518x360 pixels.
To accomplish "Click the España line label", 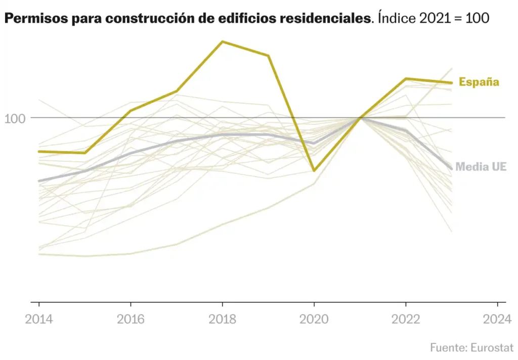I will point(479,82).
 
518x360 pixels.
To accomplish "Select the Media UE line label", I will point(481,166).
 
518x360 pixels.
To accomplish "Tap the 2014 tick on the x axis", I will point(39,303).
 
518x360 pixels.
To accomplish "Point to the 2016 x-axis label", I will point(131,319).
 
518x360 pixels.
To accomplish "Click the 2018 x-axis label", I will point(222,319).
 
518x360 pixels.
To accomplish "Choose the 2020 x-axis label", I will point(314,319).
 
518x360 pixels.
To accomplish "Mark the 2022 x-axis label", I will point(406,319).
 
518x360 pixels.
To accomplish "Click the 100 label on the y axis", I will point(15,119).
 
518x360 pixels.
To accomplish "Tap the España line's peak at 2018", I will point(222,41).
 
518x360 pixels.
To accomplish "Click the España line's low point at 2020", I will point(314,171).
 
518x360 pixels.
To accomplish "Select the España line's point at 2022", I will point(406,78).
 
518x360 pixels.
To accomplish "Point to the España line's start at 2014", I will point(39,151).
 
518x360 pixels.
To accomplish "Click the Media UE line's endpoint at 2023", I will point(451,168).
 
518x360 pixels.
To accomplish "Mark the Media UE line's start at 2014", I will point(39,181).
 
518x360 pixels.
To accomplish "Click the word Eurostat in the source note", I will point(492,348).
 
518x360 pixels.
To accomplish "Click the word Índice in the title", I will point(396,19).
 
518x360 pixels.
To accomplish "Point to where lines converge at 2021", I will point(360,117).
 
